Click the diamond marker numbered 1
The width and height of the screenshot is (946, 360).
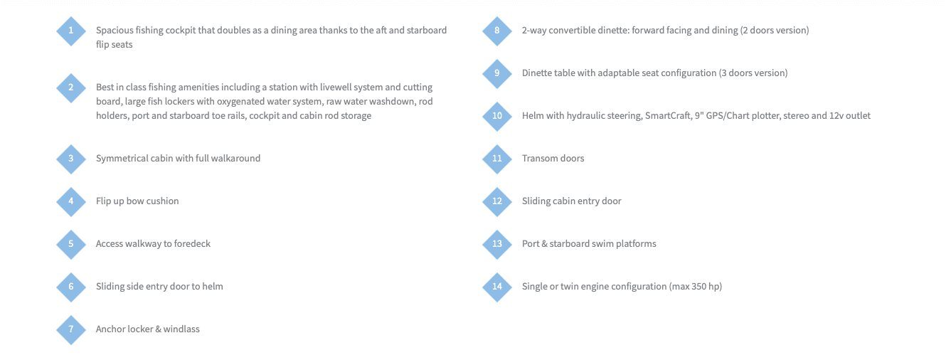71,31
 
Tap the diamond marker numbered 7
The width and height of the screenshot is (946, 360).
71,329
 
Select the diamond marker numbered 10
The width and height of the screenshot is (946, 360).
497,116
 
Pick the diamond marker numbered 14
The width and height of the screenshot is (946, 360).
497,287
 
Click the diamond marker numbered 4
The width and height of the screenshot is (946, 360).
71,201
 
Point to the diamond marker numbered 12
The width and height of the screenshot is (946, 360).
497,201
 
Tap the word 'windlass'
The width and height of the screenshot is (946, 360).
181,329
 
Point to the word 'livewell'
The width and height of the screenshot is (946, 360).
336,87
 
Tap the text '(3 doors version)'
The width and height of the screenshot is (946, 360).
753,73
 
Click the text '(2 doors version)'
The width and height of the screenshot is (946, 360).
775,30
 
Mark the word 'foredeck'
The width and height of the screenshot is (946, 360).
192,243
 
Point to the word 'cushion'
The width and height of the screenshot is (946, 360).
163,201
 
